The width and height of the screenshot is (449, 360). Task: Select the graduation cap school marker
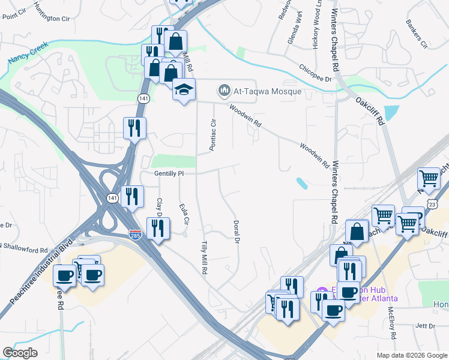pyautogui.click(x=184, y=90)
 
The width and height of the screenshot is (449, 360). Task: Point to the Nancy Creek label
pyautogui.click(x=28, y=53)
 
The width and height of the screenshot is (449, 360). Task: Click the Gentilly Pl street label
pyautogui.click(x=168, y=173)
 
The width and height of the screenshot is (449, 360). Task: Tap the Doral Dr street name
pyautogui.click(x=236, y=232)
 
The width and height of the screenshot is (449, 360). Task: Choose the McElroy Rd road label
pyautogui.click(x=391, y=322)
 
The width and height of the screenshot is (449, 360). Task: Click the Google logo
pyautogui.click(x=20, y=353)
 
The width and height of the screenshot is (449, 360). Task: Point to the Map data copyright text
pyautogui.click(x=411, y=355)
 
